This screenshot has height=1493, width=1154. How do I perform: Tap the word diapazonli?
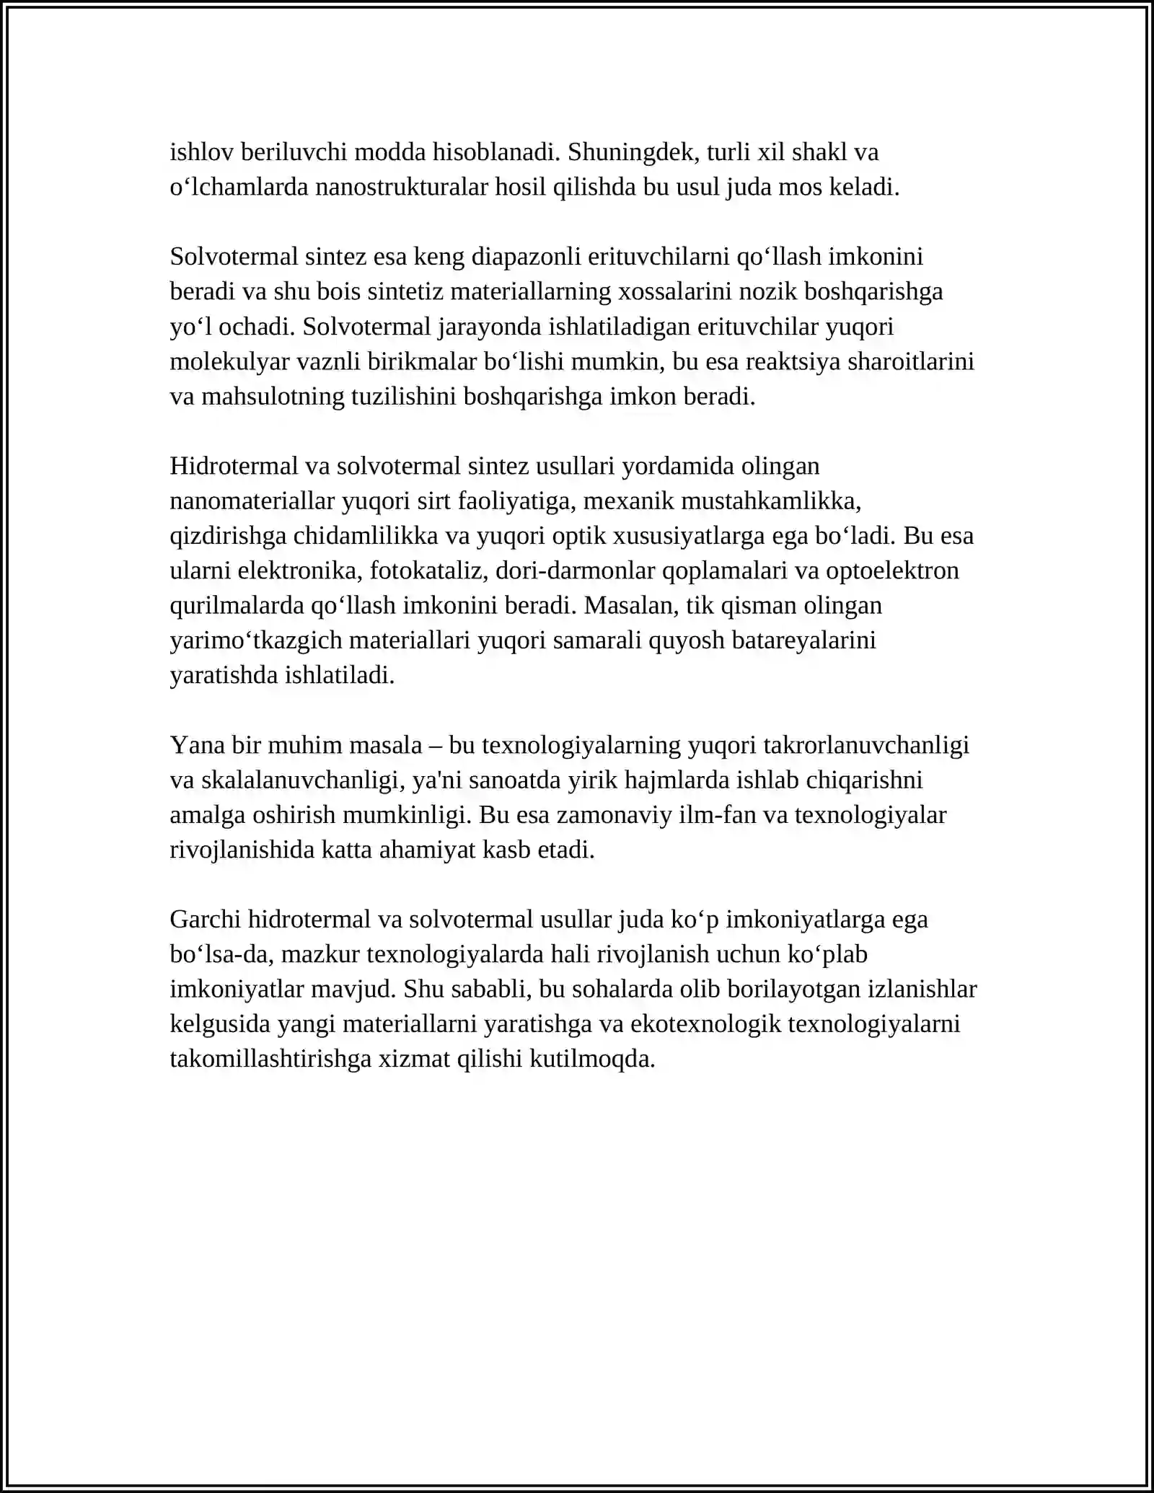(527, 257)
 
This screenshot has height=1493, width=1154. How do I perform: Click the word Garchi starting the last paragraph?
(205, 920)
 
